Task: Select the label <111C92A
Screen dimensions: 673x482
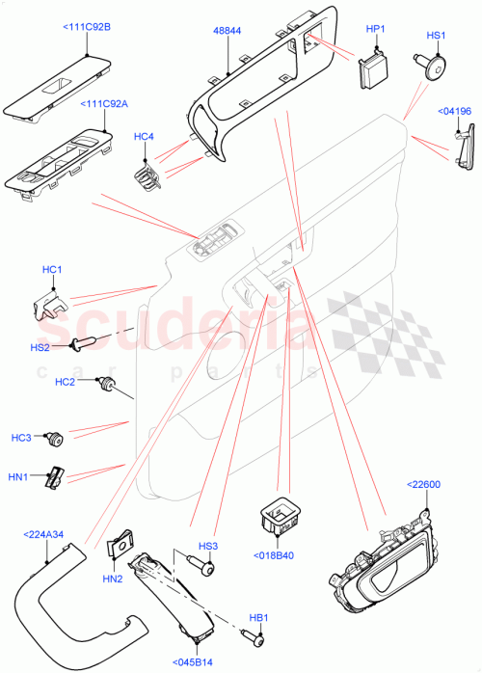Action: (x=106, y=104)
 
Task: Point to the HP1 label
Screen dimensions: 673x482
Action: (x=375, y=29)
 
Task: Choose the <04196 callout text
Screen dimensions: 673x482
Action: (x=454, y=112)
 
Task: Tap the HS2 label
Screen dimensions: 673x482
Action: (x=40, y=345)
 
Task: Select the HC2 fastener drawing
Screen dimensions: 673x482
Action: (x=108, y=387)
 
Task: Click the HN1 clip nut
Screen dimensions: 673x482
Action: (x=59, y=475)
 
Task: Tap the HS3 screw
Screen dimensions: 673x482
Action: (x=205, y=568)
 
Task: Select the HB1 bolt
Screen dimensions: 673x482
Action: (x=256, y=636)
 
